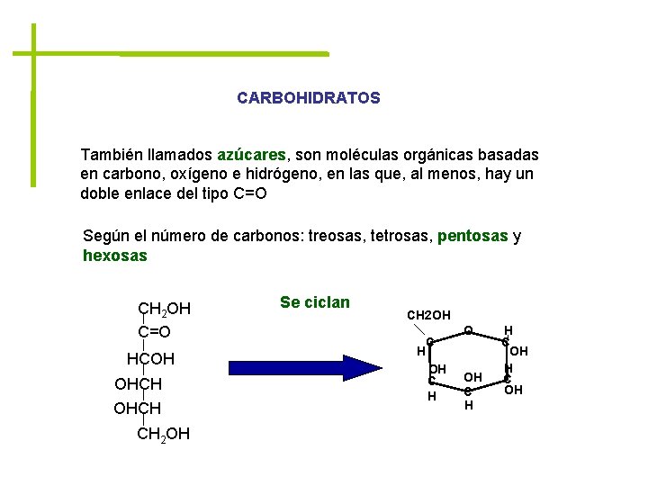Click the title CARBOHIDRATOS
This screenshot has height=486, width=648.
click(309, 97)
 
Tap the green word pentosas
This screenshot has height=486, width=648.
click(472, 237)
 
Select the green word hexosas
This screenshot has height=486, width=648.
click(114, 256)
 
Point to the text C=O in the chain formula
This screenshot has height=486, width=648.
click(155, 332)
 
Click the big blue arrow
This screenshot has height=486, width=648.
click(306, 368)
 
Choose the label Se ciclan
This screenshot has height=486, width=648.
click(315, 302)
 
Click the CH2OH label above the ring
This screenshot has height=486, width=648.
click(429, 315)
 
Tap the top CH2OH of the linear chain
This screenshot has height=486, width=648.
click(164, 310)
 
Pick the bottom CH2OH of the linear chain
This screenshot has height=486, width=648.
click(164, 436)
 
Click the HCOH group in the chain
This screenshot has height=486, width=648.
click(150, 360)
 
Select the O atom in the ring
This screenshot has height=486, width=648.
click(469, 331)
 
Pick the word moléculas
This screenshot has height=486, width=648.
click(366, 155)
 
